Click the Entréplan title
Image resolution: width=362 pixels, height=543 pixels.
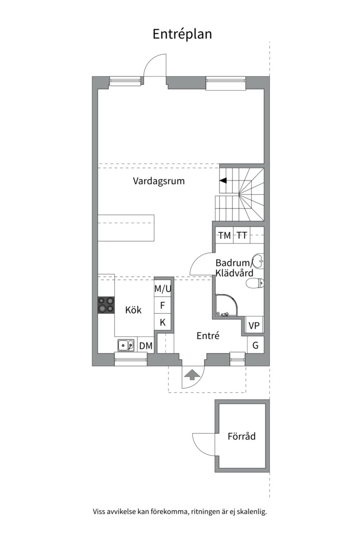(182, 34)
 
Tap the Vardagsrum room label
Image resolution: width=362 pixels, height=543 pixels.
(158, 181)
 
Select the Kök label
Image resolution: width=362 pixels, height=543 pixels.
(133, 310)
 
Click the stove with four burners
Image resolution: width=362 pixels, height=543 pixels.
(106, 305)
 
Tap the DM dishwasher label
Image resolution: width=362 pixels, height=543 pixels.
(146, 345)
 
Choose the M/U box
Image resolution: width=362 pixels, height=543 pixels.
(163, 289)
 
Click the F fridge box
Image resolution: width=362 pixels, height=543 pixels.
(163, 305)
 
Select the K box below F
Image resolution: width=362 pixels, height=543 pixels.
(163, 322)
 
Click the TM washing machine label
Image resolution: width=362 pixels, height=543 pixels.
(224, 235)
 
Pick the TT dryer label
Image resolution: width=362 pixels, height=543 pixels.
(242, 235)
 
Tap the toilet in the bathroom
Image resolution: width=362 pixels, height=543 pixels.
(254, 284)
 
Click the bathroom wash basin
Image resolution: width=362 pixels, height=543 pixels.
(257, 261)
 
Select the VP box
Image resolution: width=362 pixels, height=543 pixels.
(254, 326)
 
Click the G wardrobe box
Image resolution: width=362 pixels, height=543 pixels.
(255, 345)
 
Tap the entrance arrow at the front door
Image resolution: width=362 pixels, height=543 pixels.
(192, 374)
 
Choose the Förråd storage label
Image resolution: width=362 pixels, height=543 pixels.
(241, 436)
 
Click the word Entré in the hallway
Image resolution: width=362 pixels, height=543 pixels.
(208, 336)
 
